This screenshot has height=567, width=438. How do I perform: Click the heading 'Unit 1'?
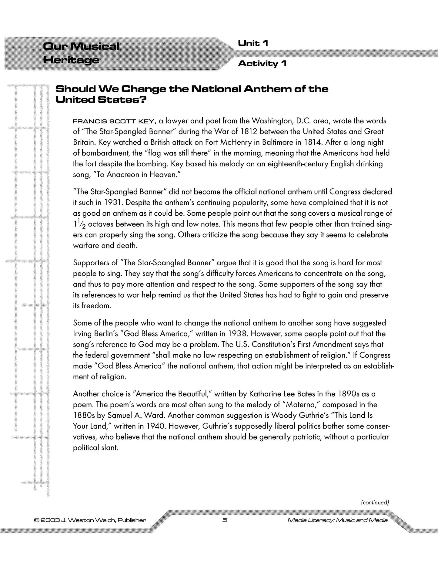point(253,44)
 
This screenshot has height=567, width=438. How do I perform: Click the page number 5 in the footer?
point(225,520)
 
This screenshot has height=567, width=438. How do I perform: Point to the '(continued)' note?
point(375,502)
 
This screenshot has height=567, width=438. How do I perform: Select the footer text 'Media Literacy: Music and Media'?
point(338,520)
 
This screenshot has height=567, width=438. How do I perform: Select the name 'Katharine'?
point(264,394)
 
